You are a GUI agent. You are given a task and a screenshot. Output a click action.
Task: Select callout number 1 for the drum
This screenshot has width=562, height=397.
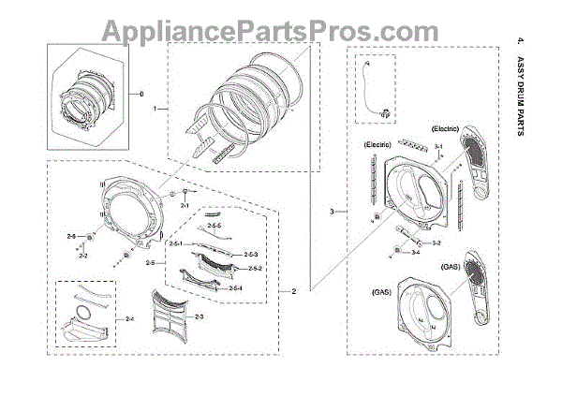(155, 110)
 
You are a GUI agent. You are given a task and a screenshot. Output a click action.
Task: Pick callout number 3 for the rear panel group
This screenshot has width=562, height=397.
(332, 213)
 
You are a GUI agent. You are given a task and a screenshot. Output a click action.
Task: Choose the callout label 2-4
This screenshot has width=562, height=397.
(128, 319)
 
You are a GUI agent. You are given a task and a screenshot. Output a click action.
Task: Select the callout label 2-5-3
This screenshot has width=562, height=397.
(250, 255)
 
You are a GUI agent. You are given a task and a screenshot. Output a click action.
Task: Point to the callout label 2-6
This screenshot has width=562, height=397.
(71, 235)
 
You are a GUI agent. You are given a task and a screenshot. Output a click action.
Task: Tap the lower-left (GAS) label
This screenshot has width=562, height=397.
(380, 293)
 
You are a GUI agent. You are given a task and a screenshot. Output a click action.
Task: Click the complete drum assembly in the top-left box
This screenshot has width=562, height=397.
(89, 96)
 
